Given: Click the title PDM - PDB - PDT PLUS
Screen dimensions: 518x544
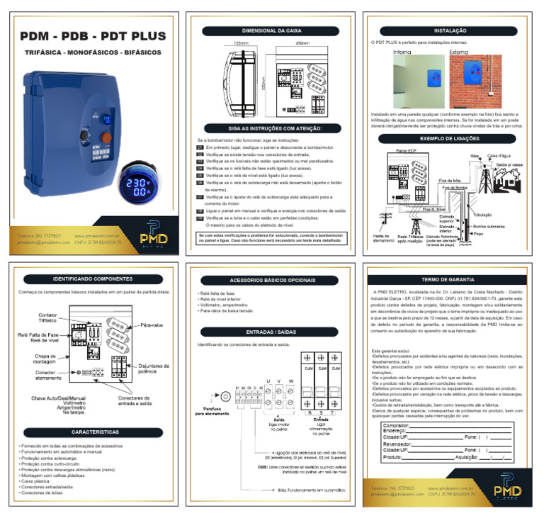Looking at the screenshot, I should (93, 36).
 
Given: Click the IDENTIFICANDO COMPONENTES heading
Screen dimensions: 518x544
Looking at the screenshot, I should (93, 278).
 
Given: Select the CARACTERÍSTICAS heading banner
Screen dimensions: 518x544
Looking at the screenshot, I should (93, 431).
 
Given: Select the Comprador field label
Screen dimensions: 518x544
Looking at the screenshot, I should (397, 424).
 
